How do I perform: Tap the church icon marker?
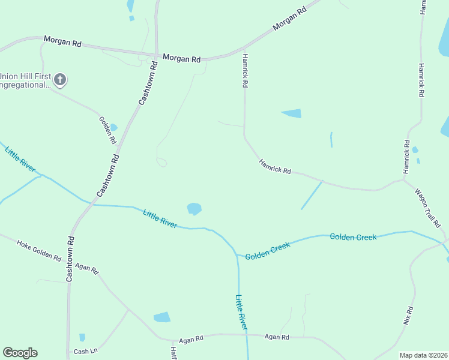pos(59,79)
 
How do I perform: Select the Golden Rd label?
pos(107,130)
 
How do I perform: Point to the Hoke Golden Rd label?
pos(39,251)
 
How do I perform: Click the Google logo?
pos(20,353)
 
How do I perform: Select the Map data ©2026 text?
pos(423,355)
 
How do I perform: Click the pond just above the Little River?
pos(194,208)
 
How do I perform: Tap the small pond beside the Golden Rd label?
pos(113,127)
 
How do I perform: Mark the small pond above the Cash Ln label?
pos(82,337)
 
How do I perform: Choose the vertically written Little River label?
pos(241,312)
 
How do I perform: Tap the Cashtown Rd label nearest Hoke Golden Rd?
pos(70,259)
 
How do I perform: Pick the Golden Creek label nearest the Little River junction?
pos(268,250)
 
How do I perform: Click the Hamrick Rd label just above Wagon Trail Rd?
pos(406,157)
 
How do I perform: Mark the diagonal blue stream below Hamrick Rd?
pos(312,195)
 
